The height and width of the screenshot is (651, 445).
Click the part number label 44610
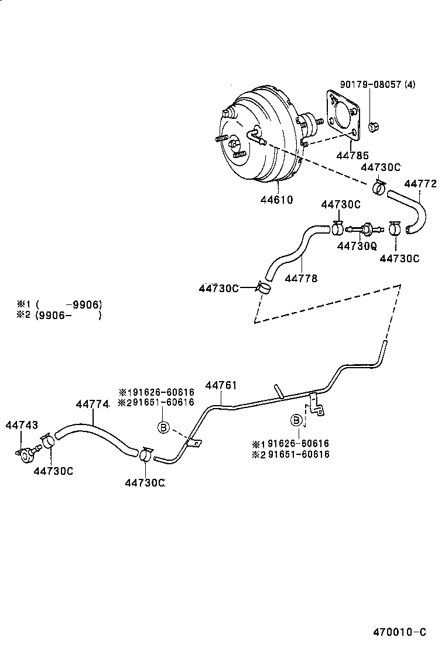(x=276, y=200)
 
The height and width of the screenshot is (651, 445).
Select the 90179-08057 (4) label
(x=377, y=84)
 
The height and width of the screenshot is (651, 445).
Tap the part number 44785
(x=352, y=156)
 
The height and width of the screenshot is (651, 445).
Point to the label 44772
(x=420, y=184)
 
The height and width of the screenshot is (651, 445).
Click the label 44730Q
(x=357, y=246)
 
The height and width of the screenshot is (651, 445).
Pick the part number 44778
(x=301, y=278)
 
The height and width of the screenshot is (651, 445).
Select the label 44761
(x=221, y=385)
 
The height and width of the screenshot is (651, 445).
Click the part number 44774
(x=93, y=404)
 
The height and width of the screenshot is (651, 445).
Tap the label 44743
(x=22, y=424)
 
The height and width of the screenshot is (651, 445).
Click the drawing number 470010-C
(x=399, y=632)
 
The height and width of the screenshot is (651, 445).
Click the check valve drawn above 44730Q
(x=363, y=228)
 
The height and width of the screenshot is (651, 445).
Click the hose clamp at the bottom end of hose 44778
(x=264, y=287)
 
